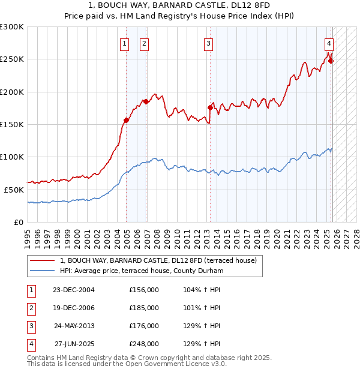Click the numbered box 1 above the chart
pyautogui.click(x=124, y=43)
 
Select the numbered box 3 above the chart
pyautogui.click(x=208, y=43)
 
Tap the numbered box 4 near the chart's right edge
pyautogui.click(x=329, y=43)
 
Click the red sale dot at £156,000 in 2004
pyautogui.click(x=126, y=121)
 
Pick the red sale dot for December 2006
pyautogui.click(x=146, y=101)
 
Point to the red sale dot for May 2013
pyautogui.click(x=210, y=107)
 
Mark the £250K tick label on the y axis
pyautogui.click(x=11, y=59)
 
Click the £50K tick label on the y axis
pyautogui.click(x=13, y=189)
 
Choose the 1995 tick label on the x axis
pyautogui.click(x=27, y=234)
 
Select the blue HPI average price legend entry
pyautogui.click(x=142, y=271)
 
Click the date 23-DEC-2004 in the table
pyautogui.click(x=74, y=290)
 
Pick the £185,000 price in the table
pyautogui.click(x=143, y=308)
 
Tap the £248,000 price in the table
pyautogui.click(x=143, y=344)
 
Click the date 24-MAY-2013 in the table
pyautogui.click(x=74, y=326)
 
